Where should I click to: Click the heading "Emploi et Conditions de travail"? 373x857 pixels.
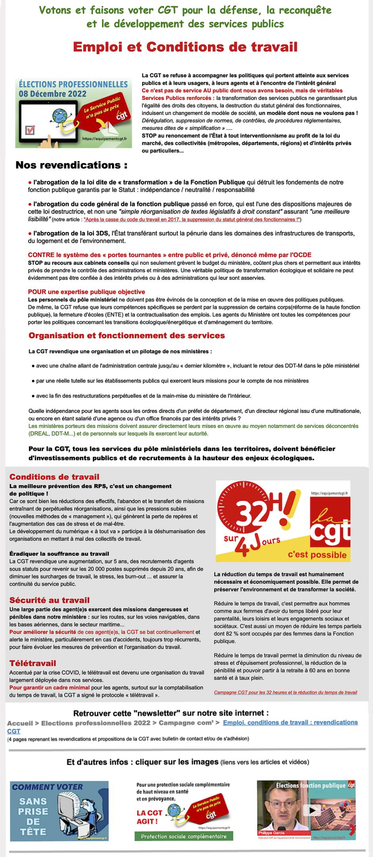[185, 48]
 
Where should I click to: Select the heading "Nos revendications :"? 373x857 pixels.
[71, 165]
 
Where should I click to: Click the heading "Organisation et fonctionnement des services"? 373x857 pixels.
[127, 336]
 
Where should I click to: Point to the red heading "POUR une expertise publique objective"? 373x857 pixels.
[86, 292]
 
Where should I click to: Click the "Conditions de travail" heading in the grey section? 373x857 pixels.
[54, 477]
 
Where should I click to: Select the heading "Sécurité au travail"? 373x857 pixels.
[50, 600]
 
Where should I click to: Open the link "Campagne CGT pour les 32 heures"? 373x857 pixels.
[285, 692]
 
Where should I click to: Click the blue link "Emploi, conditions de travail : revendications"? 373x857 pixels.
[290, 722]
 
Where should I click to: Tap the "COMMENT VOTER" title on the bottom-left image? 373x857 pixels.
[48, 787]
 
